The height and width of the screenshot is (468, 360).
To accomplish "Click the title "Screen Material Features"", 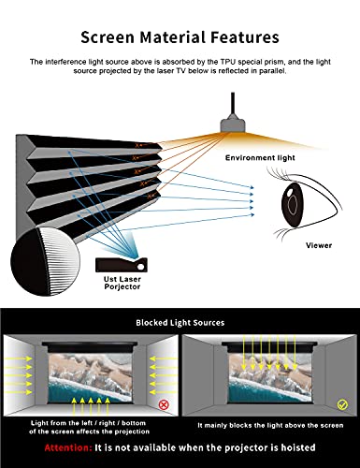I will click(180, 37).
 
